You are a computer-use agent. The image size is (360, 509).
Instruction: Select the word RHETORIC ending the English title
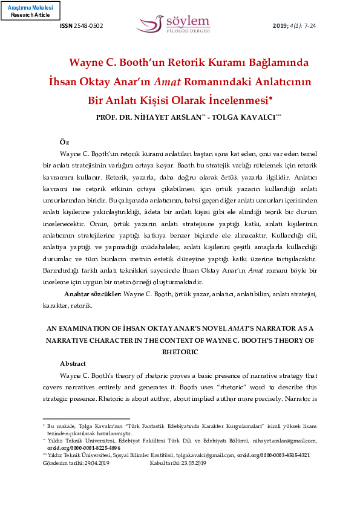click(180, 351)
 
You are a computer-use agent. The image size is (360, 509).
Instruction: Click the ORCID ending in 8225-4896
click(84, 448)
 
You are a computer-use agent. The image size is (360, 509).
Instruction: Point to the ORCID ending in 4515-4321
click(273, 455)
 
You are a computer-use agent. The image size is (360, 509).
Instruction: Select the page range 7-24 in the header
click(310, 26)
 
